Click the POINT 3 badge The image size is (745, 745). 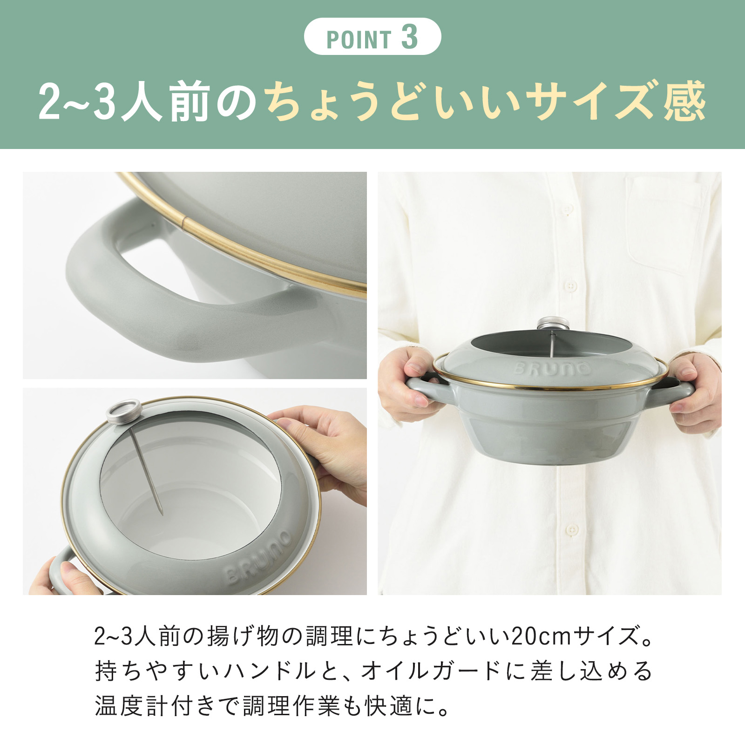(372, 37)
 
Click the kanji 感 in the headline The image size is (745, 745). (684, 101)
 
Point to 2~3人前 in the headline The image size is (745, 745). (123, 101)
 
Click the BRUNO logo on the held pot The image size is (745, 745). (553, 369)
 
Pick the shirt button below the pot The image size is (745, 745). (571, 530)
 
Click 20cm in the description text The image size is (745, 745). (542, 636)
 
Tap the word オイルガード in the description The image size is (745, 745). (430, 671)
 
